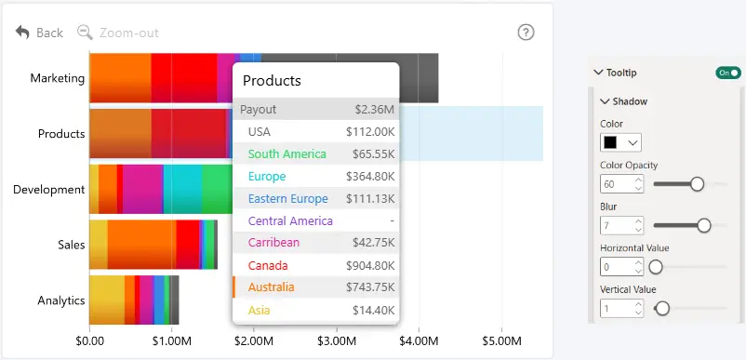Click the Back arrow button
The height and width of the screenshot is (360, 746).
22,33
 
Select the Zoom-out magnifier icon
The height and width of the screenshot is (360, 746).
86,33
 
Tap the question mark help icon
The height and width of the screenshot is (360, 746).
526,33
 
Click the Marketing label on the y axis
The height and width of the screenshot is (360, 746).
58,78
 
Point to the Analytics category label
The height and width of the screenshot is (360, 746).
61,300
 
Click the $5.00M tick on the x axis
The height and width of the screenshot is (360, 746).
502,341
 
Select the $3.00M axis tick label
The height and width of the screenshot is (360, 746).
337,341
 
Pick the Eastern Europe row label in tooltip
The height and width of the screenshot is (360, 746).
287,199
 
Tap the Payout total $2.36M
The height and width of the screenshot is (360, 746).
375,110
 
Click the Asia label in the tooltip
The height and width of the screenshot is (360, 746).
259,311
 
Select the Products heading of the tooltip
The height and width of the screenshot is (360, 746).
272,80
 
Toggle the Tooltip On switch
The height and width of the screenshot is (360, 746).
728,73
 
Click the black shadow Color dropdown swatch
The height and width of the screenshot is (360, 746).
620,142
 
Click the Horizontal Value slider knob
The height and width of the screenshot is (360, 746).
656,267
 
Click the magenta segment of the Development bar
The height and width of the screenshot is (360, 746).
143,189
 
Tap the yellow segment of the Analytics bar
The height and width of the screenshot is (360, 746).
107,300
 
